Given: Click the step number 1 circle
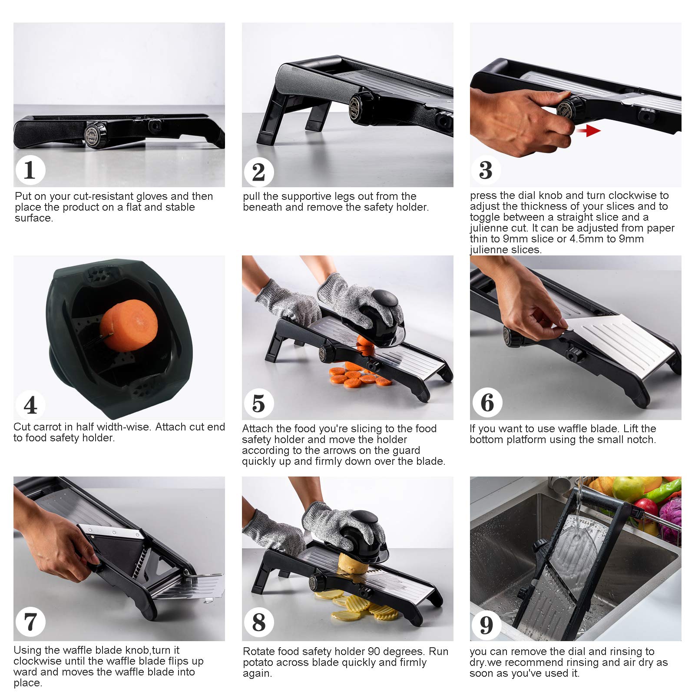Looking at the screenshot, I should point(30,170).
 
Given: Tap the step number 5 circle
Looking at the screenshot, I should point(258,403).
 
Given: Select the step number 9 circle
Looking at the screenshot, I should point(486,625).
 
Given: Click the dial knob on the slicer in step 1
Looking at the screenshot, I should point(95,130).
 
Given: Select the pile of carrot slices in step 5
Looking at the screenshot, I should point(360,377).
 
